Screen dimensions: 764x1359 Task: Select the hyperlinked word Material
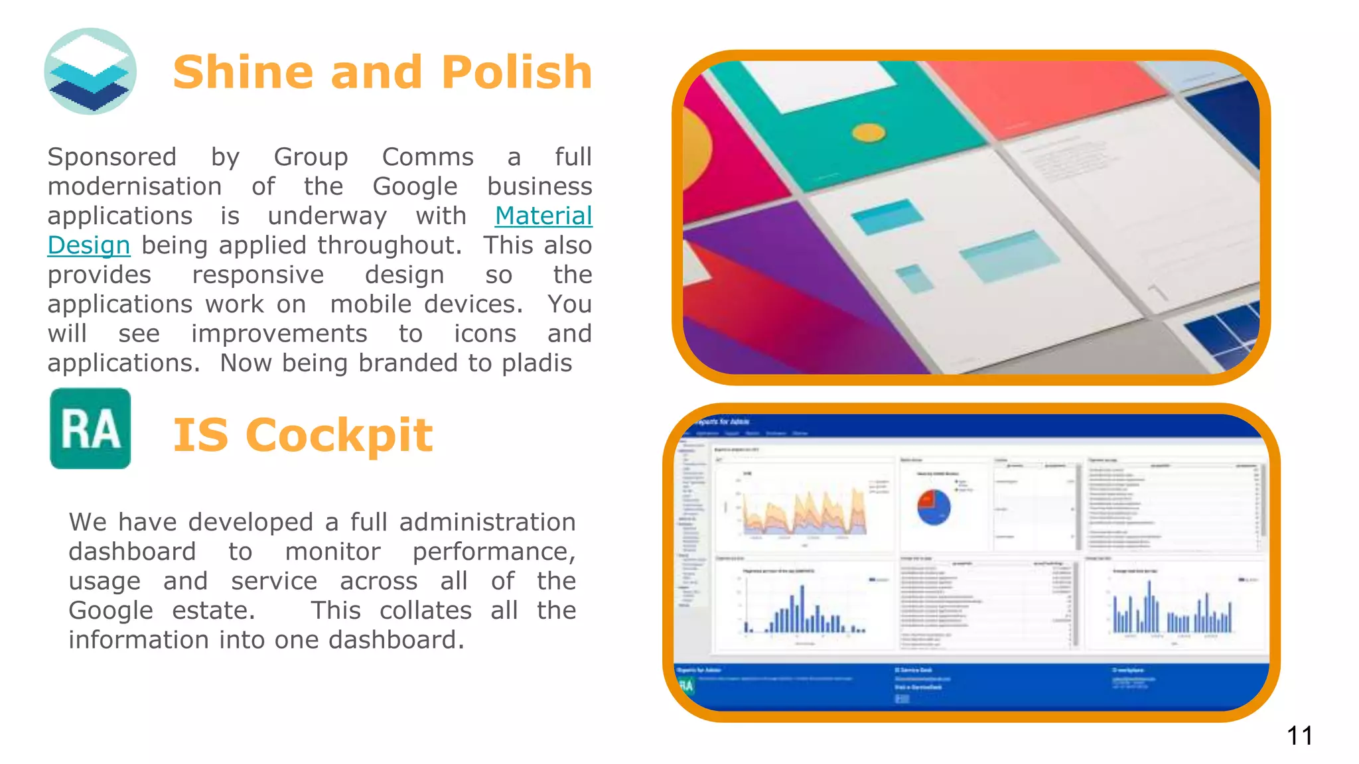coord(543,216)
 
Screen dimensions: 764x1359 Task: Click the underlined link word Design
coord(89,245)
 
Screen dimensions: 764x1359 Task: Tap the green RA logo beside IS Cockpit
coord(90,428)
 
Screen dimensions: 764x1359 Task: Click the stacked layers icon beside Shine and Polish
coord(90,71)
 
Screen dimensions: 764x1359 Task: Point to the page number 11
coord(1299,735)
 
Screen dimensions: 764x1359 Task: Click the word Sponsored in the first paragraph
coord(112,157)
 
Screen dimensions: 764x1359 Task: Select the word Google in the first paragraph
coord(415,186)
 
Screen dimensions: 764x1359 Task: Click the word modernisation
coord(135,186)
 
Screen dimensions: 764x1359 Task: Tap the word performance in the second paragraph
coord(494,552)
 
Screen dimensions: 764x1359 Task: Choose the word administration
coord(487,522)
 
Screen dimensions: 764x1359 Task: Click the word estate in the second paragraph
coord(214,610)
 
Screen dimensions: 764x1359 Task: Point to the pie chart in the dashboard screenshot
coord(934,507)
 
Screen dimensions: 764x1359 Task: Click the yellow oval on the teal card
coord(869,133)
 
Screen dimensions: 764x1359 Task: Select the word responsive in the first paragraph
coord(258,275)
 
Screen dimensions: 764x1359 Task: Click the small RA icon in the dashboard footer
coord(686,685)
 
